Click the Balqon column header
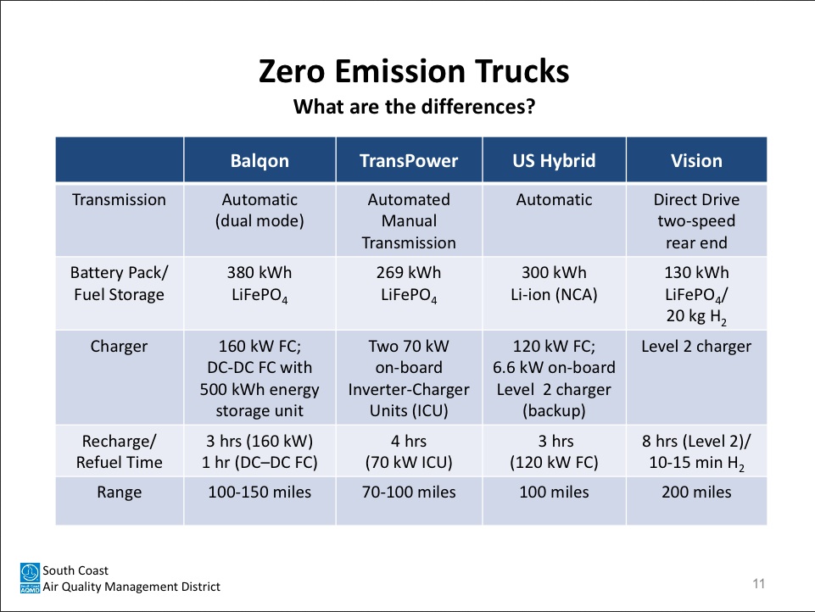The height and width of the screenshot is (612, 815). tap(260, 161)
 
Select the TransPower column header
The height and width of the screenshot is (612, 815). tap(409, 161)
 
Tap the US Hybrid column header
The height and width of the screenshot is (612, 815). tap(554, 161)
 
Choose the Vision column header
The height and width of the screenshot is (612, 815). tap(696, 161)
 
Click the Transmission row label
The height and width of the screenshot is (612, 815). tap(119, 199)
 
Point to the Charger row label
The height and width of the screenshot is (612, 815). tap(119, 347)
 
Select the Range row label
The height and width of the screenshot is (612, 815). tap(119, 492)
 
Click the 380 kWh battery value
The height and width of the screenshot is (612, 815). tap(260, 272)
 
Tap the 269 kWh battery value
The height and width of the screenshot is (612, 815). tap(409, 272)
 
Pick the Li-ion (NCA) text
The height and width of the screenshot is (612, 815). tap(554, 295)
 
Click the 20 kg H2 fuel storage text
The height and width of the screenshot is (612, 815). tap(696, 316)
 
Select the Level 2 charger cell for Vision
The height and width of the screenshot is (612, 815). tap(696, 347)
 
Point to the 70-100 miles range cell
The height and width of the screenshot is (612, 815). tap(409, 492)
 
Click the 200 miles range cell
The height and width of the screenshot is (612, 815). tap(696, 492)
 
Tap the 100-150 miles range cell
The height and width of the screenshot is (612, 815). tap(260, 492)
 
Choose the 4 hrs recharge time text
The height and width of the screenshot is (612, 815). tap(409, 441)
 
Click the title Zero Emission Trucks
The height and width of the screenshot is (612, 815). tap(414, 71)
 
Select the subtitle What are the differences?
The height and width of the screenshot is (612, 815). tap(414, 107)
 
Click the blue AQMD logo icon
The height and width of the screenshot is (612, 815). tap(30, 578)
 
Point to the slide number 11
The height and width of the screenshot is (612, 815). tap(758, 583)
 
